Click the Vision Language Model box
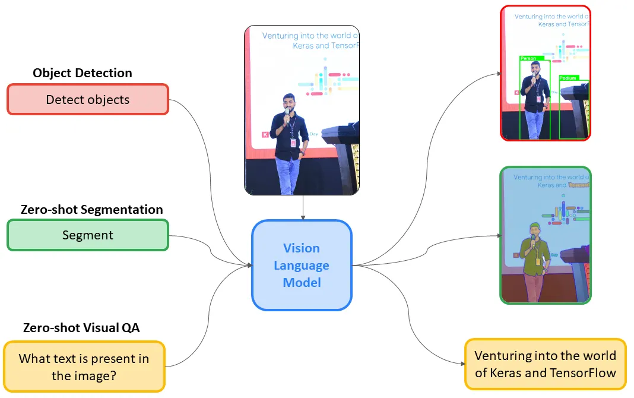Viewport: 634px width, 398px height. pos(302,265)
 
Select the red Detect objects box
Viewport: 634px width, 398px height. pos(88,99)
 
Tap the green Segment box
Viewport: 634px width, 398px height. pos(88,235)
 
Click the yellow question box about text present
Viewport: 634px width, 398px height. pos(84,367)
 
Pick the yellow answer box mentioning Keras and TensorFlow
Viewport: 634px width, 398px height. pos(545,364)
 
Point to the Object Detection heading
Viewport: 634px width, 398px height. pos(83,73)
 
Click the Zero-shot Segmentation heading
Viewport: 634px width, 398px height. pos(91,210)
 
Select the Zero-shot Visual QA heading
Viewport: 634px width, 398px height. pos(81,327)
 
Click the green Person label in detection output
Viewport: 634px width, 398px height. pos(528,58)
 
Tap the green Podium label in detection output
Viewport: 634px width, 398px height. pos(568,78)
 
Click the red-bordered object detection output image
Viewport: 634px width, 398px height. pos(545,73)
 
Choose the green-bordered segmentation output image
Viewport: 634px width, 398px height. pos(545,235)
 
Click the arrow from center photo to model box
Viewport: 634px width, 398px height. pos(303,207)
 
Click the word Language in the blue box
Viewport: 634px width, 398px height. pos(302,265)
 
